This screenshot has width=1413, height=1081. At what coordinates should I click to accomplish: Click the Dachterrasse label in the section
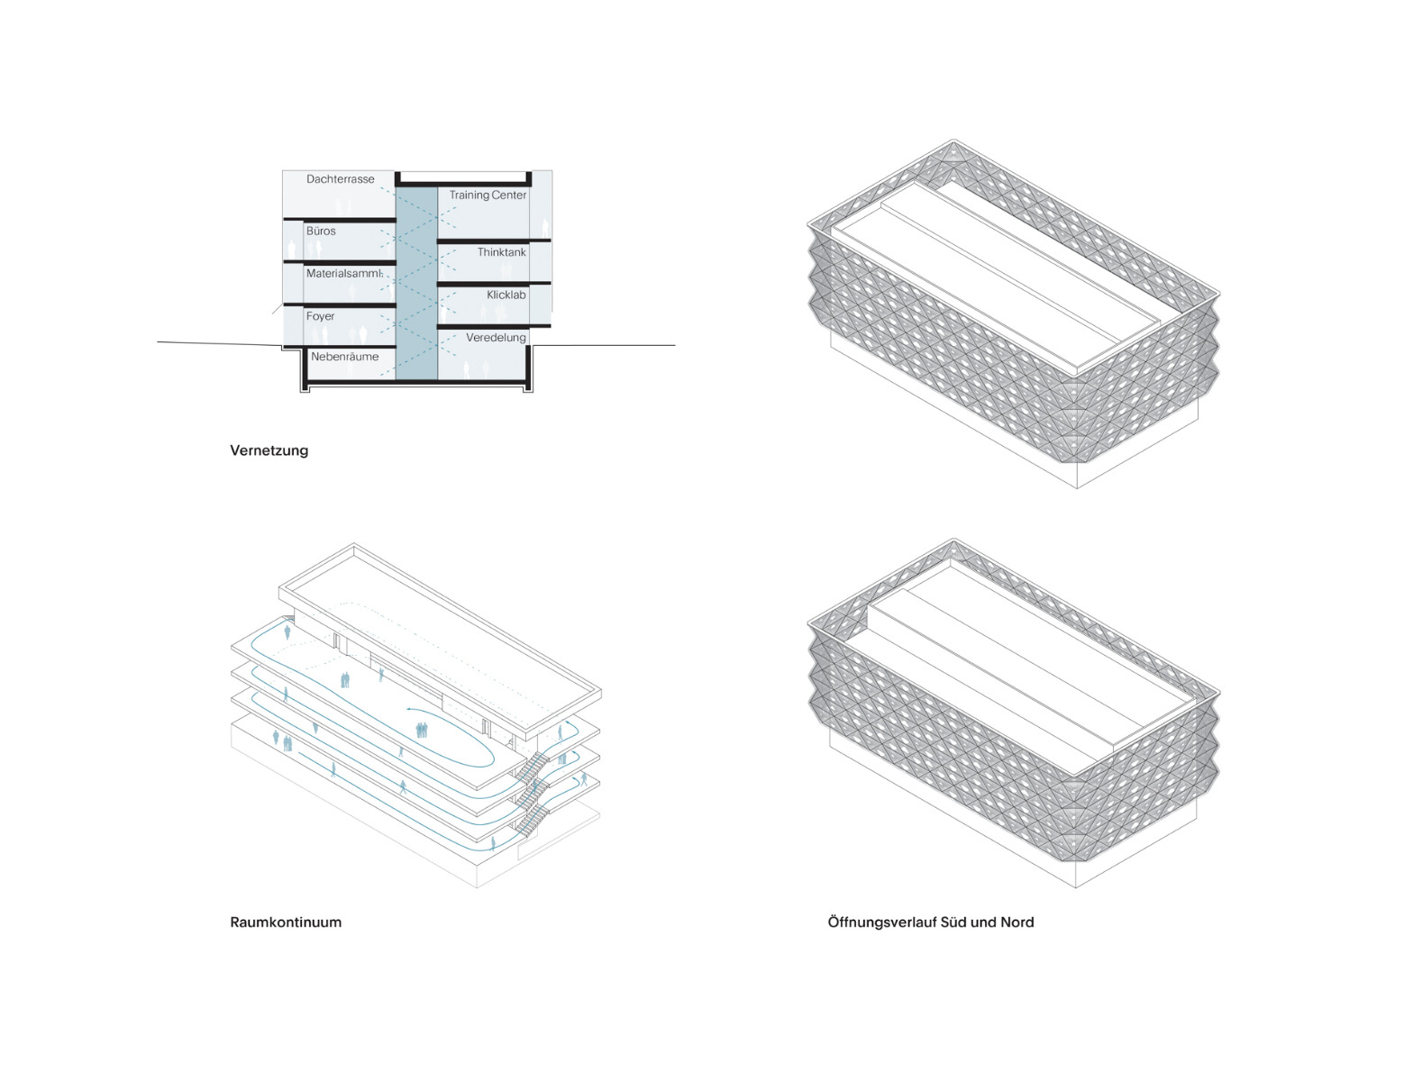(340, 179)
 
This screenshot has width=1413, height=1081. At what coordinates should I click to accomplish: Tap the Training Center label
(488, 195)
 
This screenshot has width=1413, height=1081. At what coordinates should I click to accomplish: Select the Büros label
(321, 232)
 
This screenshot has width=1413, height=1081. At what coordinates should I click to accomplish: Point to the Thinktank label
(501, 252)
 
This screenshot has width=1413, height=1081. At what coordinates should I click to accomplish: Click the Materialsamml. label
(344, 274)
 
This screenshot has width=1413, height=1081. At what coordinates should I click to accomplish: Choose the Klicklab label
(506, 295)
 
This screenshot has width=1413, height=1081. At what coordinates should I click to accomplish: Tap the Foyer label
(320, 317)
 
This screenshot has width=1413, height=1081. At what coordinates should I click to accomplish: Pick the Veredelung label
(496, 338)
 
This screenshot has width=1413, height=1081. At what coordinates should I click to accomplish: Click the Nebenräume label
(344, 357)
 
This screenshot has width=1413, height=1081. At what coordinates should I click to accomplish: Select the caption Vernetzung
(269, 450)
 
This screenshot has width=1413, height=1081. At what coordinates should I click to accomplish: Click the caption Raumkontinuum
(286, 922)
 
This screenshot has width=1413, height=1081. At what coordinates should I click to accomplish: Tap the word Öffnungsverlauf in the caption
(882, 922)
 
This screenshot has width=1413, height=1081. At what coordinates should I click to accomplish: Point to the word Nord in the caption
(1016, 922)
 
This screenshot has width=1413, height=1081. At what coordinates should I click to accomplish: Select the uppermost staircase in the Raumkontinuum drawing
(533, 767)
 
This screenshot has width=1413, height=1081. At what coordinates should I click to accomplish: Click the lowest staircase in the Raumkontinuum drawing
(533, 821)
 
